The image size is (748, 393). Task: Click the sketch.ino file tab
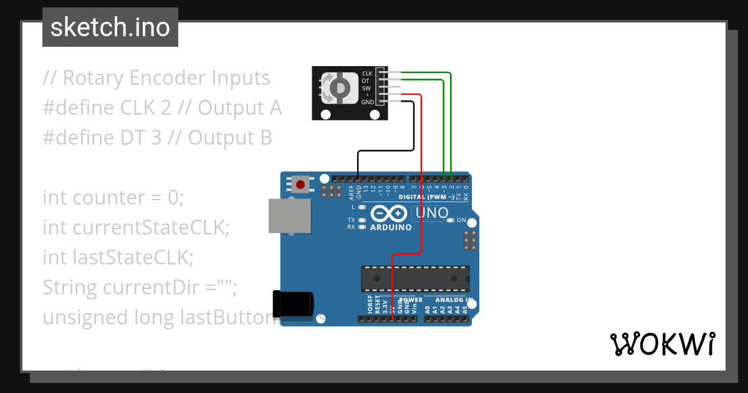(110, 27)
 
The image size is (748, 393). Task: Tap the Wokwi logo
(662, 344)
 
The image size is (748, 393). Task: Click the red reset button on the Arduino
(301, 184)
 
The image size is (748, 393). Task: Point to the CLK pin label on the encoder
(367, 74)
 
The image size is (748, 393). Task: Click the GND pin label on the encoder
(367, 102)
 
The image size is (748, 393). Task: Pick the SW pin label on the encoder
(367, 88)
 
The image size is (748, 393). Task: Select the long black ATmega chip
(415, 278)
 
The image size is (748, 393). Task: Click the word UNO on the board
(432, 213)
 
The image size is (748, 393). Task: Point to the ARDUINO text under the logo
(391, 228)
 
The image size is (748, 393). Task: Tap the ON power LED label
(462, 220)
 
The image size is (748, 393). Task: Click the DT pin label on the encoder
(367, 81)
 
